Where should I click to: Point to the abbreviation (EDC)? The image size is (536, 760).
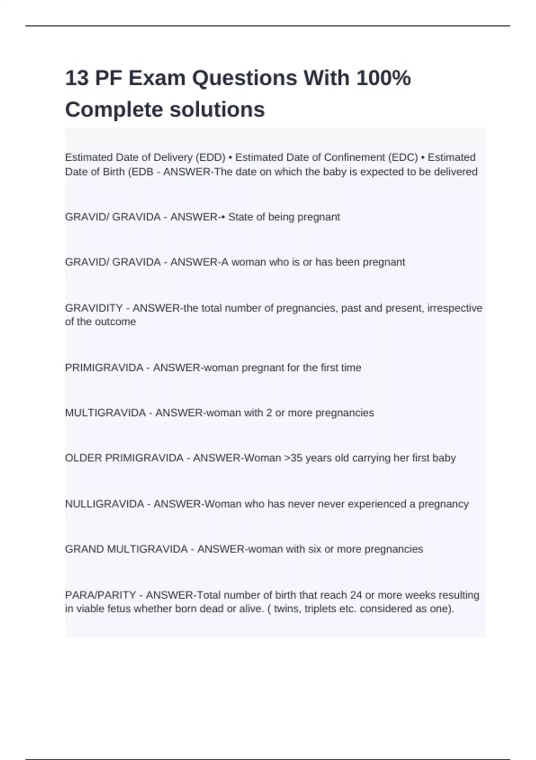tap(403, 157)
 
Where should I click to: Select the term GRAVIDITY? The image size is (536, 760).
tap(94, 308)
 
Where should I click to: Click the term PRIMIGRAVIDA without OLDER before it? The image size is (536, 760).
tap(104, 367)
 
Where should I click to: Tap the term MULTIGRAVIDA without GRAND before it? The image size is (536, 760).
tap(105, 413)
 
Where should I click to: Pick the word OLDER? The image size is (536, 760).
tap(84, 458)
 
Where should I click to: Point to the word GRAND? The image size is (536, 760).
tap(84, 549)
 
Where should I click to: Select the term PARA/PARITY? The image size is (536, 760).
tap(100, 595)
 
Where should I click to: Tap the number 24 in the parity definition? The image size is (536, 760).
tap(356, 595)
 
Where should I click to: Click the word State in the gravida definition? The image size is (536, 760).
tap(240, 217)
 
